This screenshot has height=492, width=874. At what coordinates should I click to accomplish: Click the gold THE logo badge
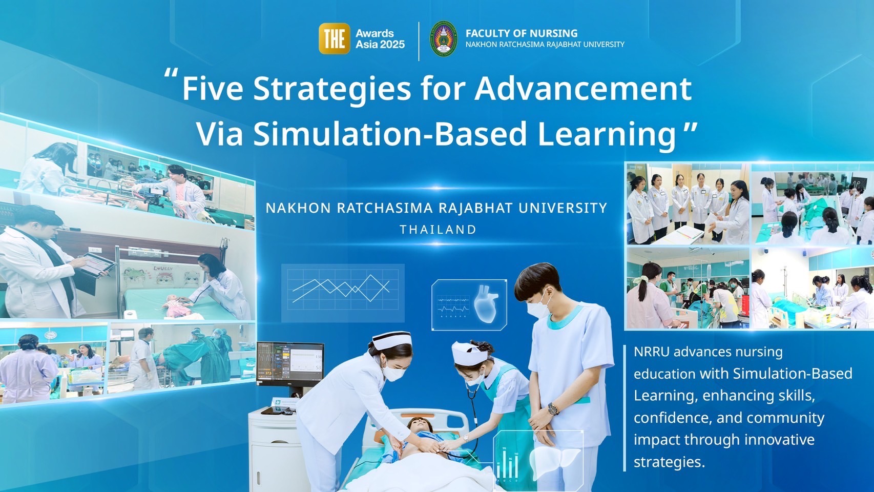click(334, 38)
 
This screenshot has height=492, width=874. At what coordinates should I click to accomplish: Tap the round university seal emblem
click(443, 39)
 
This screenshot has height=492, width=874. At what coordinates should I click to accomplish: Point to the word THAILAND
click(438, 229)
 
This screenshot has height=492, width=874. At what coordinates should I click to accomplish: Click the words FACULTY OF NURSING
click(522, 33)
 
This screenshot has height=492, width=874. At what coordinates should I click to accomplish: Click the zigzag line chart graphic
click(341, 289)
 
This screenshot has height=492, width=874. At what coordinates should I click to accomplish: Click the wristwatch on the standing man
click(552, 409)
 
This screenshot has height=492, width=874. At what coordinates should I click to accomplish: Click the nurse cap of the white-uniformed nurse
click(391, 340)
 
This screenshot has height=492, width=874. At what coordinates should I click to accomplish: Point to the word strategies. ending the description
click(669, 462)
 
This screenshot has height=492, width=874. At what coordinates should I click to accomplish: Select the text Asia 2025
click(380, 45)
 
